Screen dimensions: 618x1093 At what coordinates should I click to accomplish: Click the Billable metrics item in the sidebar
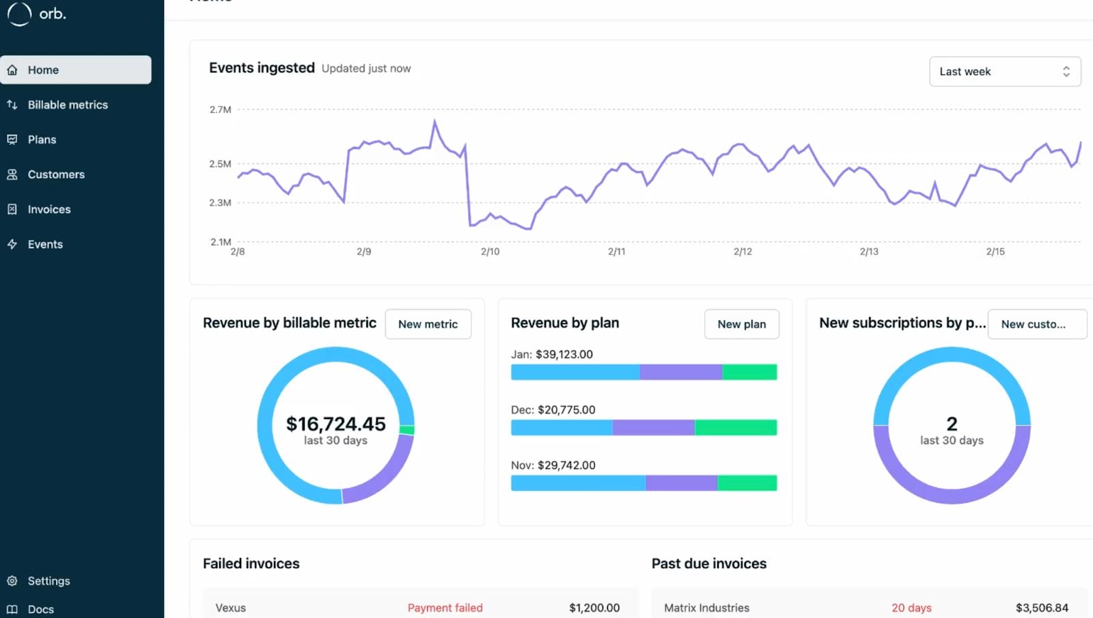(x=68, y=105)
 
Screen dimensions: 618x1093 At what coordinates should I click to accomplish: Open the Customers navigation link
(x=56, y=174)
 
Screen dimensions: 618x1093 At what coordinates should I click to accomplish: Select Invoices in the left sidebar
(x=49, y=209)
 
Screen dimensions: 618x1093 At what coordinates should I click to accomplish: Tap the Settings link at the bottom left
(x=49, y=580)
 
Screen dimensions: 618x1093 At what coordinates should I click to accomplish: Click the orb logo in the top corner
(x=37, y=14)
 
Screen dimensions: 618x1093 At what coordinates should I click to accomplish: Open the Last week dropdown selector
(x=1004, y=71)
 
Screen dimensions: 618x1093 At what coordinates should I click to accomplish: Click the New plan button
(x=741, y=324)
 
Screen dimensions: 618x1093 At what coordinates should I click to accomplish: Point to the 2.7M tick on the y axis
(x=220, y=109)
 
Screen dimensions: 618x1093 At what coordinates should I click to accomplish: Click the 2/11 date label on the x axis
(x=616, y=252)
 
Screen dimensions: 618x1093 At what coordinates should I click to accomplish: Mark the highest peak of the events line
(x=434, y=122)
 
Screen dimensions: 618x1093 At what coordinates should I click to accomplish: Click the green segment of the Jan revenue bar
(x=749, y=372)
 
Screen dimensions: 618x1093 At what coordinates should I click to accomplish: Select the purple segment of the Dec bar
(x=653, y=427)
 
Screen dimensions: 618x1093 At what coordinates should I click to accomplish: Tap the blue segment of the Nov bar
(x=577, y=483)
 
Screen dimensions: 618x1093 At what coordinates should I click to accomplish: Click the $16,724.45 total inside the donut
(x=335, y=424)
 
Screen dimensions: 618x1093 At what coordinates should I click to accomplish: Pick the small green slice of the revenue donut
(x=407, y=430)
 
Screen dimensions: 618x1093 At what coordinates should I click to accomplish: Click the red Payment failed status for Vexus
(x=445, y=608)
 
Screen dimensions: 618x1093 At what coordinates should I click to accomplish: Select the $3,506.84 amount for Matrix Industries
(x=1042, y=608)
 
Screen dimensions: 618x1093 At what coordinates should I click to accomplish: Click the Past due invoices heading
(x=708, y=563)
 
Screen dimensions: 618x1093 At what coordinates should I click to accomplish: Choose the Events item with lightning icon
(x=45, y=244)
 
